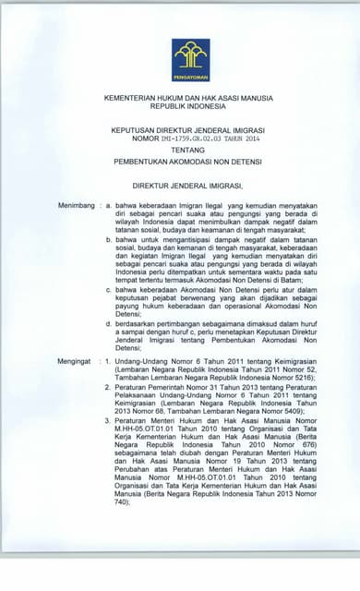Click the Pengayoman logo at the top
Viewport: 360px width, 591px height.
tap(189, 60)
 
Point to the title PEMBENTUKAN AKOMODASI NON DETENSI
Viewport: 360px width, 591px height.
tap(188, 161)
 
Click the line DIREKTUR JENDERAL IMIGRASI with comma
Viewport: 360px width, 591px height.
tap(188, 184)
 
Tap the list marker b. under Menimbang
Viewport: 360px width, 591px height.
tap(109, 240)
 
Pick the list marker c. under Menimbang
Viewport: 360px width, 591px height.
tap(109, 290)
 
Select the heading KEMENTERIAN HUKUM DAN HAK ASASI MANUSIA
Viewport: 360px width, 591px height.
tap(188, 98)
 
